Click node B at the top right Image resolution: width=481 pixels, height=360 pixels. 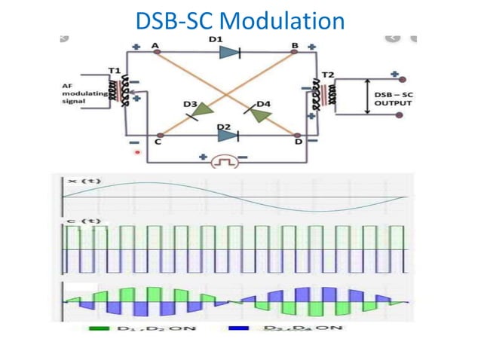click(296, 53)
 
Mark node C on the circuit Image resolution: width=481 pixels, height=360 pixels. click(158, 136)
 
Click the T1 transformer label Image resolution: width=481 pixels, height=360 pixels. click(114, 70)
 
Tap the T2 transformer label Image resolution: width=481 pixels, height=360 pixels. click(327, 74)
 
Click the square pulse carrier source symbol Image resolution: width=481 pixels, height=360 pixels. click(223, 160)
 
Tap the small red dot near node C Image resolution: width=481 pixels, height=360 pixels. click(136, 152)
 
